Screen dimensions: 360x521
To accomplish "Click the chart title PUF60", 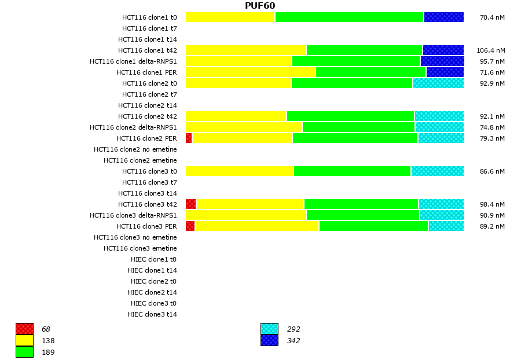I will [x=260, y=6].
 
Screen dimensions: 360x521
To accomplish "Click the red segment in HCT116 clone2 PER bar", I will [x=189, y=138].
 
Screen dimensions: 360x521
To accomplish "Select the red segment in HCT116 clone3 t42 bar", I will [x=191, y=204].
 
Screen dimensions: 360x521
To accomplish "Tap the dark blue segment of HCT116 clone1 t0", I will [x=443, y=17].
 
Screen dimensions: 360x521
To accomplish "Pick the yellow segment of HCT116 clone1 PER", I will [x=250, y=72].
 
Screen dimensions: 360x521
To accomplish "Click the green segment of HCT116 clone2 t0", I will [x=351, y=83].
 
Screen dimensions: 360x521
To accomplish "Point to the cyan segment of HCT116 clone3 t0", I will [x=437, y=171].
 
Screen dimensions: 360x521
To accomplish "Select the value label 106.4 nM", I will [x=490, y=50].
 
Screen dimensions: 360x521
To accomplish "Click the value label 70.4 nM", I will [x=492, y=17].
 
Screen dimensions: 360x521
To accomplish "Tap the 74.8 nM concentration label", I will [x=492, y=127].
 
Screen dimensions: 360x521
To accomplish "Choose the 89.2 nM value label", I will [x=492, y=226].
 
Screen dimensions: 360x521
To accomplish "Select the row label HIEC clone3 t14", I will [x=152, y=314].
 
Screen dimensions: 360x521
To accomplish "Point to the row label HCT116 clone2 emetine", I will [x=140, y=160].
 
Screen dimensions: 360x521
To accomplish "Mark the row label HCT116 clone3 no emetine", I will [x=135, y=237].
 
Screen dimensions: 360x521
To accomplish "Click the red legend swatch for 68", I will [x=24, y=329].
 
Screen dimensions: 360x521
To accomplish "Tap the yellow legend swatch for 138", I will [x=24, y=340].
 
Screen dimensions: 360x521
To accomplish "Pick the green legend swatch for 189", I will [x=24, y=352].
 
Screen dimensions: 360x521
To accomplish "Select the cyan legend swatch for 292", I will [x=269, y=329].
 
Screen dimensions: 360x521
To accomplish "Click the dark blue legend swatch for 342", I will [x=269, y=340].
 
